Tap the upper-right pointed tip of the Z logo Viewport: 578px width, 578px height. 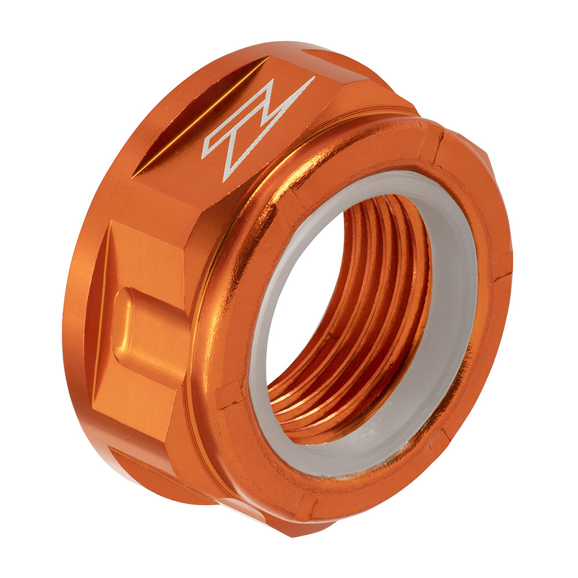click(313, 77)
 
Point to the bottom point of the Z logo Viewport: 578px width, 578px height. click(226, 181)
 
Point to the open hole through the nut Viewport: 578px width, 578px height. click(301, 301)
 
